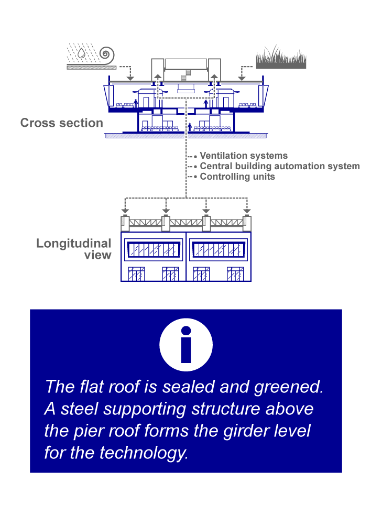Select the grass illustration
[x=281, y=58]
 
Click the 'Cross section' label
[x=62, y=123]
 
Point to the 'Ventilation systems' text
[x=244, y=156]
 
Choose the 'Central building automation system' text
[x=280, y=166]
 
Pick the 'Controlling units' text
[x=237, y=177]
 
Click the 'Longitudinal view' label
[x=74, y=249]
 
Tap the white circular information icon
[x=185, y=345]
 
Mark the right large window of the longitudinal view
[x=219, y=249]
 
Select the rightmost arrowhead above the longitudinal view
[x=247, y=211]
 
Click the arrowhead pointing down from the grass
[x=242, y=78]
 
